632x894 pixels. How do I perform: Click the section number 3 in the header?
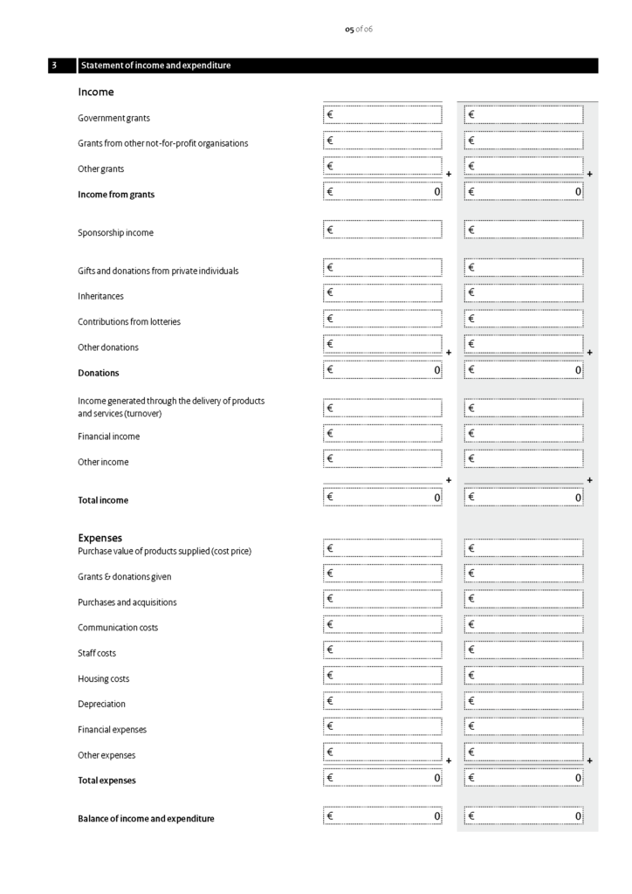tap(54, 65)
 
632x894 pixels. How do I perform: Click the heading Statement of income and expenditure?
tap(155, 65)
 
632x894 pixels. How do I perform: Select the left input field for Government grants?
tap(382, 114)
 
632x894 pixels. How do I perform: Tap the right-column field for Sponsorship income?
tap(524, 230)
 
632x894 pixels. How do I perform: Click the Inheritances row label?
tap(100, 296)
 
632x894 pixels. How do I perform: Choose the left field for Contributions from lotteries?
tap(382, 319)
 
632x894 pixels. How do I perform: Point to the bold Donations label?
tap(98, 373)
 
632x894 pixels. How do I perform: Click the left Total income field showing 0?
tap(382, 498)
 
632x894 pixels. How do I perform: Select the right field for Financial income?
tap(524, 433)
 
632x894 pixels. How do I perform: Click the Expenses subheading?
tap(100, 538)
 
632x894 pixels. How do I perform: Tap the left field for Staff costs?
tap(382, 650)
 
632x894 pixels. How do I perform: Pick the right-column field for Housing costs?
tap(524, 676)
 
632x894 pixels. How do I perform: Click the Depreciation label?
tap(101, 704)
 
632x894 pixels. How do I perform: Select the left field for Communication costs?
tap(382, 625)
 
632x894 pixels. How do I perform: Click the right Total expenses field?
tap(524, 778)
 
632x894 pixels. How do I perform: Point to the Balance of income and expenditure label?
tap(146, 819)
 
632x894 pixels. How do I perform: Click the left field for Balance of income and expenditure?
tap(382, 816)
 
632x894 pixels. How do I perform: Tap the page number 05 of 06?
tap(358, 30)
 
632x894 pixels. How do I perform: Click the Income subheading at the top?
tap(95, 92)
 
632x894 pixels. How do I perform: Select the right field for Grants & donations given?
tap(524, 574)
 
